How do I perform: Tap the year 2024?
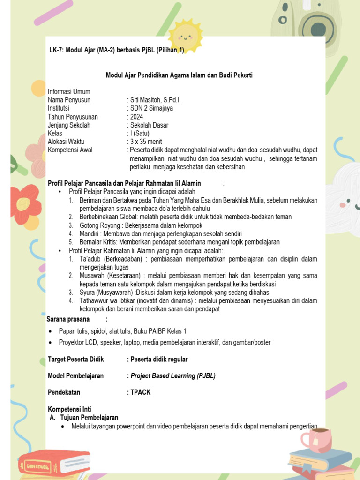(136, 117)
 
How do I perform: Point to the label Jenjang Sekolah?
(69, 125)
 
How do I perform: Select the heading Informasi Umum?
(69, 91)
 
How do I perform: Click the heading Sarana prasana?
(68, 319)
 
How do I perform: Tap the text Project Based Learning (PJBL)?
(173, 375)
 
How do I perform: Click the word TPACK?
(141, 392)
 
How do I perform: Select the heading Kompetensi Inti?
(70, 409)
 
